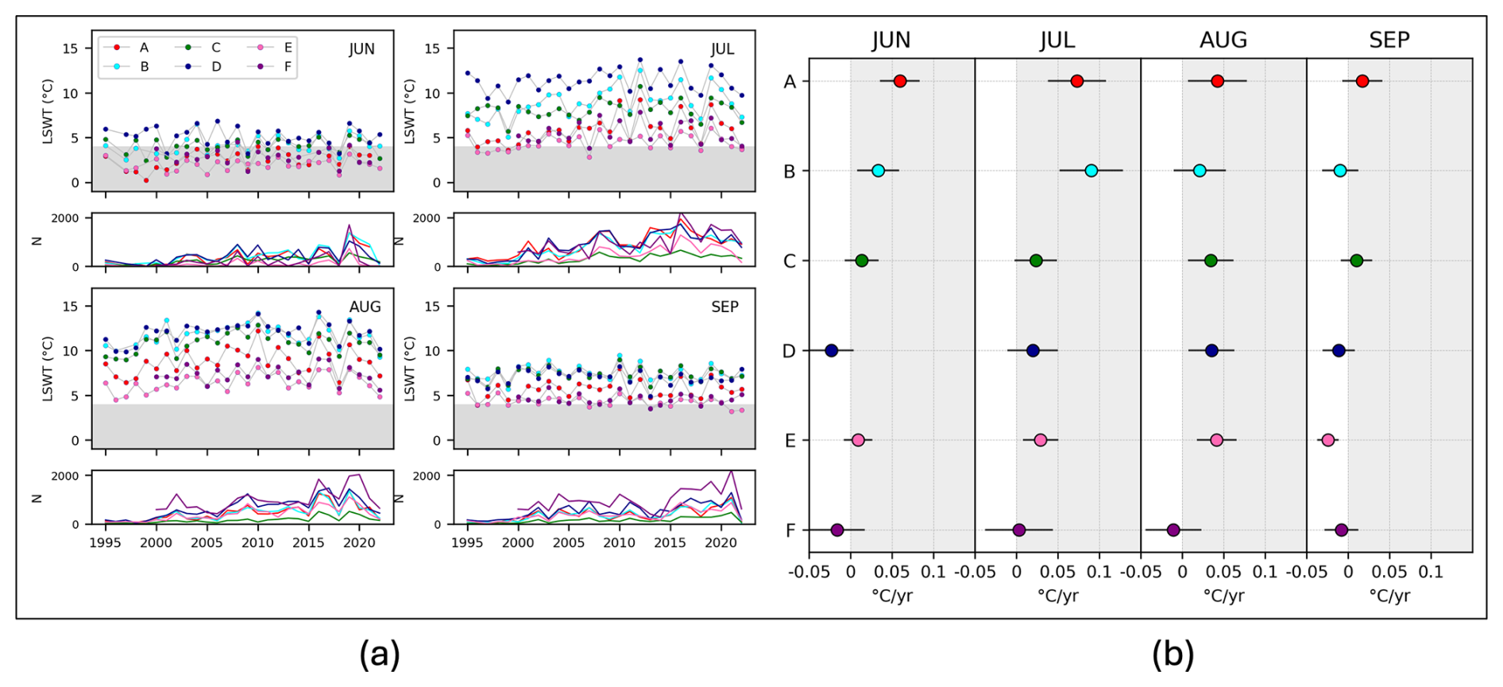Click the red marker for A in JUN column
click(x=899, y=81)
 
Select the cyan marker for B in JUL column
click(x=1091, y=171)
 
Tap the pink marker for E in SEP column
click(x=1327, y=440)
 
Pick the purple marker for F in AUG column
click(x=1173, y=530)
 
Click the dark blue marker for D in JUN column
click(x=831, y=350)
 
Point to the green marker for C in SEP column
click(x=1356, y=261)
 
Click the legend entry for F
click(x=288, y=67)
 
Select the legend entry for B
click(x=144, y=67)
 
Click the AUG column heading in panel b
click(x=1223, y=40)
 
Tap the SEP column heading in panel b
click(x=1389, y=40)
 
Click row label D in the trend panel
click(x=789, y=351)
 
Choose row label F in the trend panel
click(x=790, y=531)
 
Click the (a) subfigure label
click(x=379, y=654)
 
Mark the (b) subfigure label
click(x=1173, y=654)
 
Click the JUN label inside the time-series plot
click(x=361, y=49)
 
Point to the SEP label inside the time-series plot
click(x=724, y=307)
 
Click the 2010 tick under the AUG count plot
click(x=257, y=543)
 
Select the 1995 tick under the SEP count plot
click(x=467, y=543)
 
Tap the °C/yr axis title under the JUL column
click(x=1057, y=596)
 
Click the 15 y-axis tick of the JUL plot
click(x=432, y=48)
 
